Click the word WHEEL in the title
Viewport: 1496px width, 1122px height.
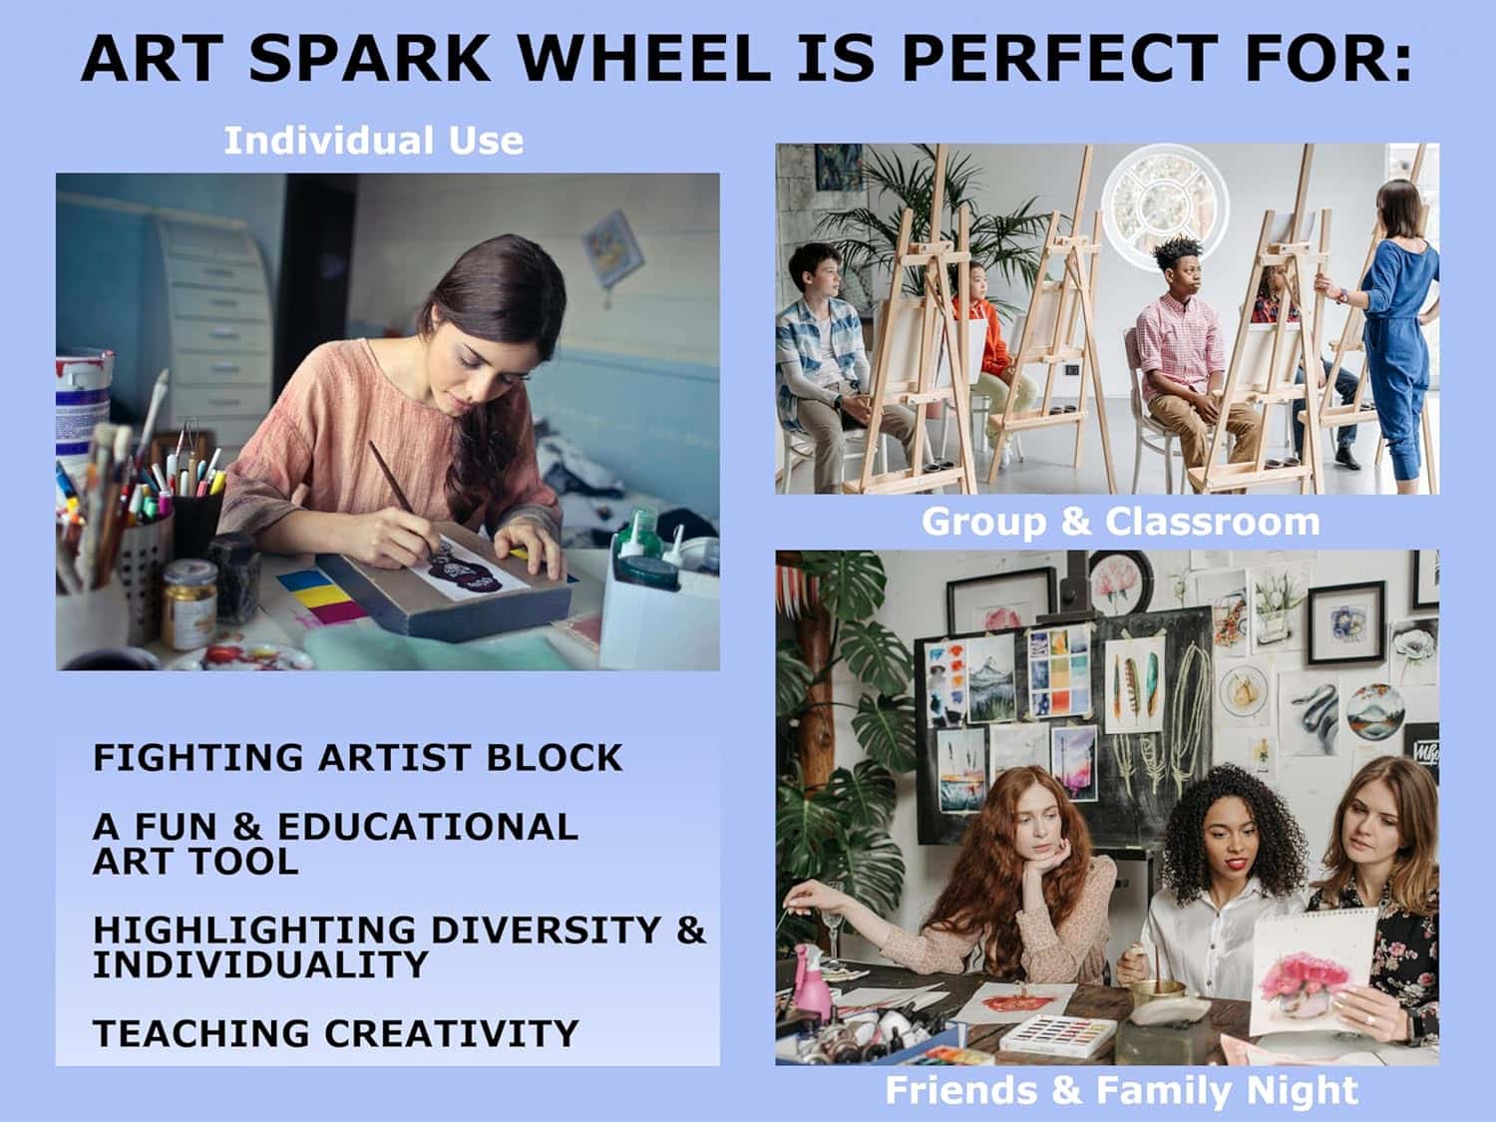click(x=644, y=59)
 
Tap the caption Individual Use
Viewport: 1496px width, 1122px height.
click(x=373, y=141)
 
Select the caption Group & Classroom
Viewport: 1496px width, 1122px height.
click(x=1120, y=523)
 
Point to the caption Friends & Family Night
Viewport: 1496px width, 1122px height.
click(x=1121, y=1090)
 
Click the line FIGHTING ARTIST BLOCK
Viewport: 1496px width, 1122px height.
click(x=358, y=758)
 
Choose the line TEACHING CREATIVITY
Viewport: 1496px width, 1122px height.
click(x=335, y=1033)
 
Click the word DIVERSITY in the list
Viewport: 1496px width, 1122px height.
click(x=546, y=930)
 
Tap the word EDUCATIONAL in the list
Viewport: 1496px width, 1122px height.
click(x=427, y=827)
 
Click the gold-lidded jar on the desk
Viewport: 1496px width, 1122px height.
click(x=188, y=603)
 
